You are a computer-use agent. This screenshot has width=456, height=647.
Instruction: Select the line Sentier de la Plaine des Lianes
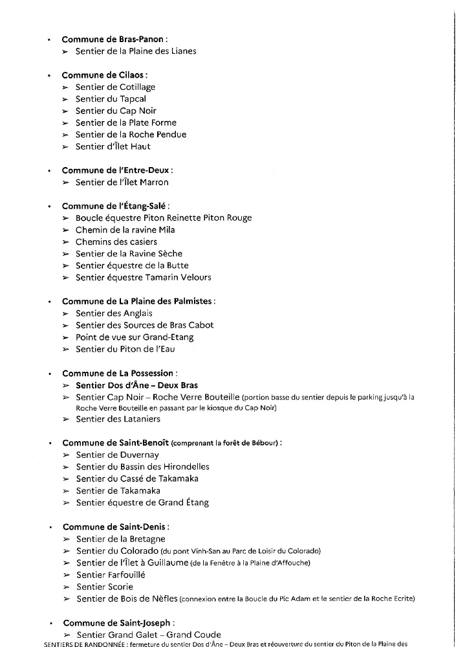click(x=136, y=51)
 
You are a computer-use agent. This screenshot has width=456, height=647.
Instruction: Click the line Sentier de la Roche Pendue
click(x=131, y=135)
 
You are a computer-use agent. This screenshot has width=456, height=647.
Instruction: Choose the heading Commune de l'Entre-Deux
click(x=117, y=170)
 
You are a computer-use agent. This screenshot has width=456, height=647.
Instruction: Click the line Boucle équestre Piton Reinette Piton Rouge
click(x=164, y=218)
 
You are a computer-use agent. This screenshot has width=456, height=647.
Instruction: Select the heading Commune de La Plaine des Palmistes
click(x=138, y=301)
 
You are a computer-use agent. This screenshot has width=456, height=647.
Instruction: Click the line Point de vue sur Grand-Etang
click(x=135, y=337)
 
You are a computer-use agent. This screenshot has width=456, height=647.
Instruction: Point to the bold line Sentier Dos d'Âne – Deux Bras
click(x=137, y=385)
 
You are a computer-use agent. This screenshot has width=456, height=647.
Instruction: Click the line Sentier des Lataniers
click(x=118, y=419)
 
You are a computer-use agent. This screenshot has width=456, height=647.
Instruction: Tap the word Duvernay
click(x=138, y=455)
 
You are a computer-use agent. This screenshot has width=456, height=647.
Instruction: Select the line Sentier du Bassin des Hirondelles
click(x=143, y=466)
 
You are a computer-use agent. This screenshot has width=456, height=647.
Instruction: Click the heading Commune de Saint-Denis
click(x=116, y=527)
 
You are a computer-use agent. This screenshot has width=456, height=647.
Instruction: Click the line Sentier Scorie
click(x=105, y=587)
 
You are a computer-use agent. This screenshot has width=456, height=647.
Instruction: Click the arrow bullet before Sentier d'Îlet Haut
click(x=65, y=147)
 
